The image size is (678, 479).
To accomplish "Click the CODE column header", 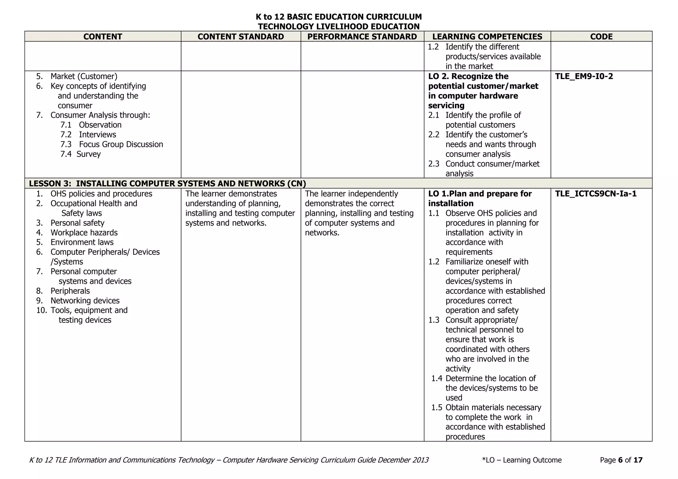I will [x=601, y=37].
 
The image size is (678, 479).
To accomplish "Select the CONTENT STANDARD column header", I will [x=241, y=37].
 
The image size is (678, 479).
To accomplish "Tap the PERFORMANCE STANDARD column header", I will [x=362, y=37].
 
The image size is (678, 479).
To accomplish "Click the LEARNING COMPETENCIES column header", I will [x=487, y=37].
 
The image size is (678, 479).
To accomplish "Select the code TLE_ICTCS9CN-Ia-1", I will [x=596, y=194].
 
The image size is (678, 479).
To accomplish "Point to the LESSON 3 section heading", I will [x=167, y=184].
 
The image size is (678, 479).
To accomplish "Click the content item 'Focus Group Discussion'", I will [x=121, y=145].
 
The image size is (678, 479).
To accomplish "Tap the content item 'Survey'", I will [x=88, y=154].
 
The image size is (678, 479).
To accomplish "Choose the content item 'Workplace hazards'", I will [x=84, y=233].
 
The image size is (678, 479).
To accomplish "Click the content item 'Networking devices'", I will [x=85, y=301].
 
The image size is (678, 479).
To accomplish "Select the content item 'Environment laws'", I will [x=82, y=242].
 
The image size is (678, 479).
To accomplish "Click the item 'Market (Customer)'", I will [x=84, y=76].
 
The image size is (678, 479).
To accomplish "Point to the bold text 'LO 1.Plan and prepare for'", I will [x=480, y=194].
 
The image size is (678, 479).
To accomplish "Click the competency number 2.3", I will [x=434, y=164].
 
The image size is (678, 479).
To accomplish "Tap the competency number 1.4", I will [x=437, y=378].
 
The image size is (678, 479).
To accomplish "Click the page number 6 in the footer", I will [x=620, y=460].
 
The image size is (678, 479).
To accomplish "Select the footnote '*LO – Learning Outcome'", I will [x=522, y=460].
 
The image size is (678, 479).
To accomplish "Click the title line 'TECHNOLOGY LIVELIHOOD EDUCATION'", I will [x=339, y=26].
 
